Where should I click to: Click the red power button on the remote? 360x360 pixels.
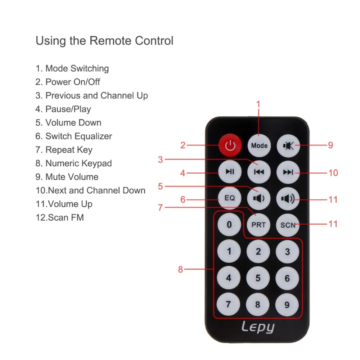[230, 145]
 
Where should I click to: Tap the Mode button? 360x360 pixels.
[259, 145]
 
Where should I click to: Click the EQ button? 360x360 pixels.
[230, 198]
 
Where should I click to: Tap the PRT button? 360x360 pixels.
[258, 225]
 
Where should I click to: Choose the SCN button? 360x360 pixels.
[288, 225]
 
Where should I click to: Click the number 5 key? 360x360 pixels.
[258, 278]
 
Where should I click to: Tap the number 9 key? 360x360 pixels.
[287, 305]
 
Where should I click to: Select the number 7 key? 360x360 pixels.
[229, 305]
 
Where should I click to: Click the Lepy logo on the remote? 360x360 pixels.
[258, 327]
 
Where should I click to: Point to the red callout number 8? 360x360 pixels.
[181, 269]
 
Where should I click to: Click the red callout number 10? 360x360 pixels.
[333, 173]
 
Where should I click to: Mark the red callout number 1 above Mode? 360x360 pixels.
[258, 104]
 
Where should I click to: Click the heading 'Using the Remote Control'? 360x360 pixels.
[104, 41]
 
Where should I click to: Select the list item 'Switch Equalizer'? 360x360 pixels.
[74, 136]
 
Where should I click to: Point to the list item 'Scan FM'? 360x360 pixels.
[60, 217]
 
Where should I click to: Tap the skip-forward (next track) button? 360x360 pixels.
[288, 172]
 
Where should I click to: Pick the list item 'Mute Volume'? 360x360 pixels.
[67, 177]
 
